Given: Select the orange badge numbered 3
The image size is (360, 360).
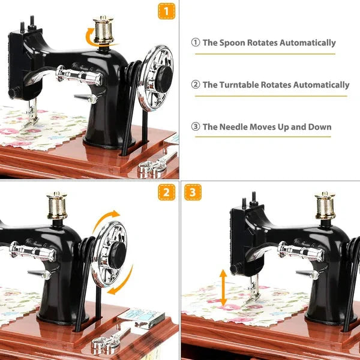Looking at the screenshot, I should (x=193, y=192).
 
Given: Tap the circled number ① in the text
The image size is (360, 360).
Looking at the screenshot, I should (x=195, y=43).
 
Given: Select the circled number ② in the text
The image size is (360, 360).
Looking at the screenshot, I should (x=195, y=85).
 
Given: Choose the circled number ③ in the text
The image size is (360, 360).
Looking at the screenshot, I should (x=195, y=127).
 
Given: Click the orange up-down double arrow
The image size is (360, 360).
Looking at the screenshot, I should (x=223, y=289).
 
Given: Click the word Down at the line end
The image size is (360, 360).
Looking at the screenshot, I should (x=319, y=127).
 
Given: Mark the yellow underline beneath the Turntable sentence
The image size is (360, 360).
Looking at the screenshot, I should (x=271, y=96).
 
